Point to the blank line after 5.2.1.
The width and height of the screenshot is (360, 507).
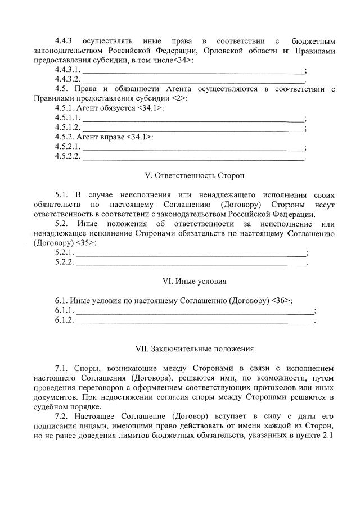pos(191,253)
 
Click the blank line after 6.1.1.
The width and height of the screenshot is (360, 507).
pos(195,311)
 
